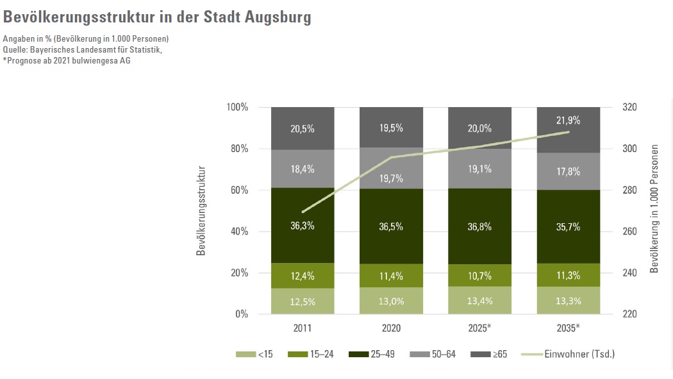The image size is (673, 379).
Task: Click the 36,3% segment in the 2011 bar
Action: pos(303,226)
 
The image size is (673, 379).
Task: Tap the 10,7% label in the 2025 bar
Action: pos(479,276)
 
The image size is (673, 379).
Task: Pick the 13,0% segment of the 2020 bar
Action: pos(391,301)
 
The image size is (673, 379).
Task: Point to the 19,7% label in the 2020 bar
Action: pos(391,178)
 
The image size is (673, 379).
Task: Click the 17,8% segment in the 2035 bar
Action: pos(568,171)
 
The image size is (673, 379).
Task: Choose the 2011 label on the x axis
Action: pos(303,328)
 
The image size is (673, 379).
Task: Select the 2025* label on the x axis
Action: pos(479,328)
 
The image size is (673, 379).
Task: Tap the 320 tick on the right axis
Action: pos(629,107)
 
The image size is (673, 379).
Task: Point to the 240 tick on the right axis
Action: pos(629,273)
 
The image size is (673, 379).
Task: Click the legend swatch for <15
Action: pos(245,354)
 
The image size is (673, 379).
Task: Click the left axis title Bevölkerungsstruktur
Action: pos(201,210)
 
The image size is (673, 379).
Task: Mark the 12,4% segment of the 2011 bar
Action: pos(303,276)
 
